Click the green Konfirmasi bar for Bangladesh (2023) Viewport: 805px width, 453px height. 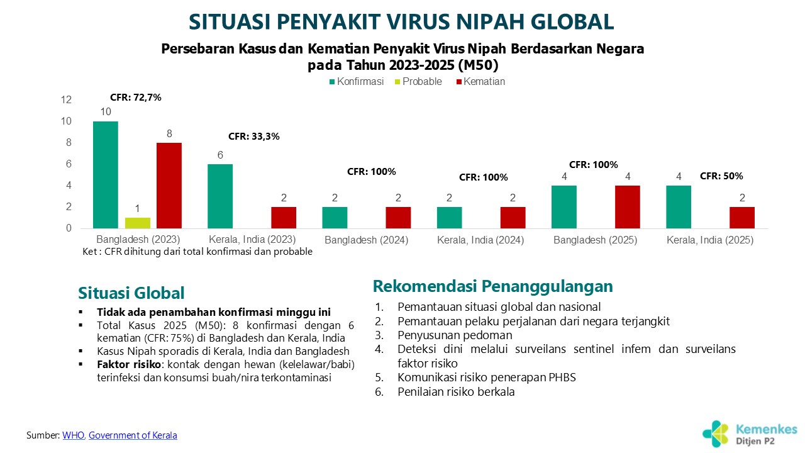(x=106, y=174)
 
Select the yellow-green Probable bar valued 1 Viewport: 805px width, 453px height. (x=138, y=223)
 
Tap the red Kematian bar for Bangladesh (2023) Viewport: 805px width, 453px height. (x=169, y=186)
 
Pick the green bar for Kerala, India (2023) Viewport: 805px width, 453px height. (x=220, y=196)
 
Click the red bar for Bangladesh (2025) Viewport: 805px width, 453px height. (x=628, y=206)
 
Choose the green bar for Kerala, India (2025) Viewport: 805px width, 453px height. (x=679, y=206)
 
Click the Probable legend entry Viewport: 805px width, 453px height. (x=421, y=82)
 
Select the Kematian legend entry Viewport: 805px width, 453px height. (x=484, y=82)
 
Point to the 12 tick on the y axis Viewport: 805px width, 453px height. (x=66, y=100)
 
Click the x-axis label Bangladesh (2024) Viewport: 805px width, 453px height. (x=367, y=240)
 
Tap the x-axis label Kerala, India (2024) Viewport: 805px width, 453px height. (x=480, y=240)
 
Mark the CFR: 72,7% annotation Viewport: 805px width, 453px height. (x=136, y=98)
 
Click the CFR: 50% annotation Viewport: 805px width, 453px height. (x=721, y=176)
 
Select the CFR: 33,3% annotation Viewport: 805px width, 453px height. (x=254, y=136)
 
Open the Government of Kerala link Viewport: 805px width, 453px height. (x=133, y=435)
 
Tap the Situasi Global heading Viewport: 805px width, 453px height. (x=131, y=293)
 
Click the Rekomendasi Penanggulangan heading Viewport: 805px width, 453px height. (x=492, y=287)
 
